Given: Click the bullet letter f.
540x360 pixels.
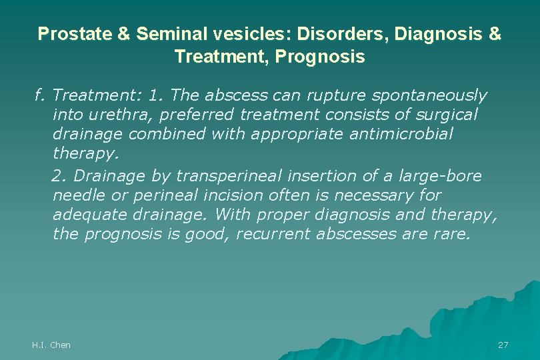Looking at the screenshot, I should click(x=39, y=96).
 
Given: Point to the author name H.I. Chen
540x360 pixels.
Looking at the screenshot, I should click(x=51, y=345).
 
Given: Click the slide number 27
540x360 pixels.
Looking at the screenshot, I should click(x=503, y=345).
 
